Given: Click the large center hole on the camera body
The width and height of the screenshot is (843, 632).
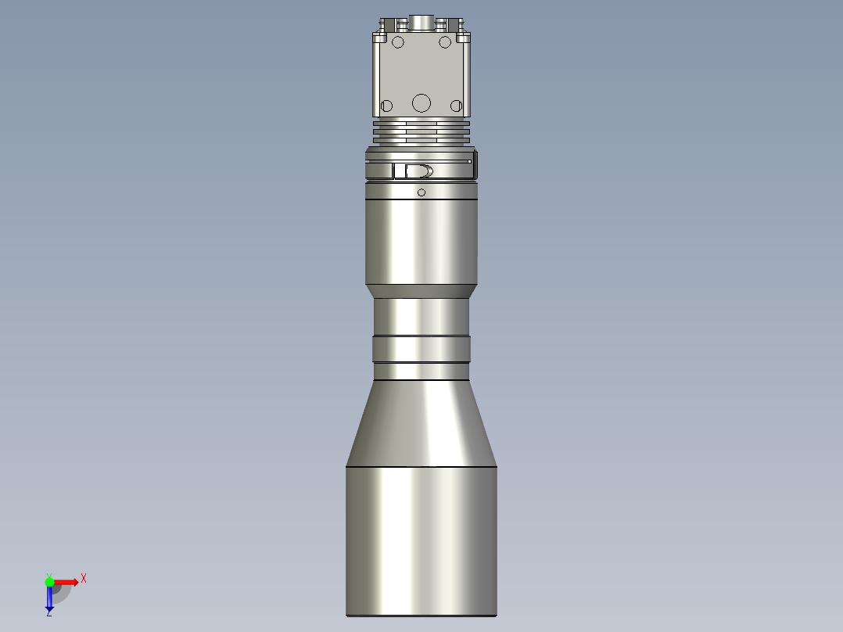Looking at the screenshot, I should pos(421,102).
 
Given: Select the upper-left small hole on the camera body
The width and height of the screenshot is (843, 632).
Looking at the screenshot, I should pos(397,41).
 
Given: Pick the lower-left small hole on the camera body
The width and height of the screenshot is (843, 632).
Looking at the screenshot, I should pos(386,106).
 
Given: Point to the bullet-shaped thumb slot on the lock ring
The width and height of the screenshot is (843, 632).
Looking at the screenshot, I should pos(418,171).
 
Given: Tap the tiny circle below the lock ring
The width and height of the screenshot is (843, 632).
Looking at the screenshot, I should pos(421,192).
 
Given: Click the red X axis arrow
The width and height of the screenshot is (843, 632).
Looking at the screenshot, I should pos(66,581).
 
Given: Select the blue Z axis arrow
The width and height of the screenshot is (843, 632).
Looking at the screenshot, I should pos(49,599).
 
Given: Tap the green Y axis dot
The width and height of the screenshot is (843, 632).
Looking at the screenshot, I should pos(49,581).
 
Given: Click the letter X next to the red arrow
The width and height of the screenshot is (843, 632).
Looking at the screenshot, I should pos(84,579).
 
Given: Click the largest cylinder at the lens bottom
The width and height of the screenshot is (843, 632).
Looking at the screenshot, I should pos(421,540).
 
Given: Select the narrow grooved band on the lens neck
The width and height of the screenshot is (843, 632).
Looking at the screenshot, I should pos(421,348).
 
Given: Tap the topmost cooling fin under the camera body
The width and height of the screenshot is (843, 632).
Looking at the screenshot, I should pos(421,122).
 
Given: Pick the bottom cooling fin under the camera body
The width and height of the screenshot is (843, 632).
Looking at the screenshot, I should pos(421,142).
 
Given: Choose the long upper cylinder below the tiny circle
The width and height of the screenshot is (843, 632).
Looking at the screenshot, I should pos(421,239).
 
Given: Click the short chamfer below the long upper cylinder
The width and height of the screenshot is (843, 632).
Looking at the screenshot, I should pos(421,291).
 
